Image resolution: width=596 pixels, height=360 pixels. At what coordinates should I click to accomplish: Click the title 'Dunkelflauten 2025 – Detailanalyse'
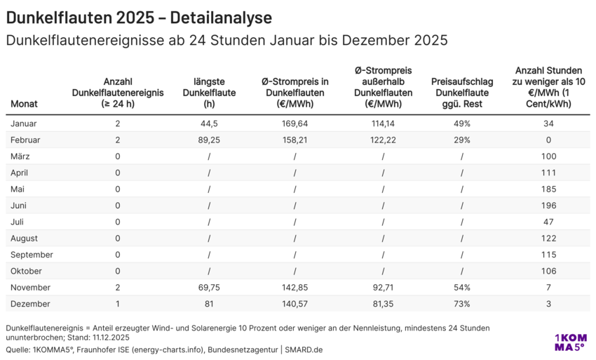coord(139,17)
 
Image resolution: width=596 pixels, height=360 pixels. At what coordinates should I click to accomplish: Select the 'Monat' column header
coord(25,104)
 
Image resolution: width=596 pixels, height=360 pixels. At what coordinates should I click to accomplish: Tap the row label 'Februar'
coord(26,140)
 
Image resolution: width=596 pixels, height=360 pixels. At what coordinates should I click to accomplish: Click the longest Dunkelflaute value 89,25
coord(209,140)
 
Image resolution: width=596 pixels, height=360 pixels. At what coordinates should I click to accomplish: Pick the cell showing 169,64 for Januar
coord(294,124)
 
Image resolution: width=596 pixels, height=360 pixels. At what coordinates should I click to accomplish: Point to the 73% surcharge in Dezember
coord(461,304)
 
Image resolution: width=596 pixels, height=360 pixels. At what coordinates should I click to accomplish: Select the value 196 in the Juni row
coord(548,206)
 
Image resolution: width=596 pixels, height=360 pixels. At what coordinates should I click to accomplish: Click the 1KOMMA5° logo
coord(569,342)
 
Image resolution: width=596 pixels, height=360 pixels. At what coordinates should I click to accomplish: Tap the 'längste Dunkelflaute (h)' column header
coord(209,93)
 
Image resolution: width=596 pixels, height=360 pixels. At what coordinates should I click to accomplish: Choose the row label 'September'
coord(32,255)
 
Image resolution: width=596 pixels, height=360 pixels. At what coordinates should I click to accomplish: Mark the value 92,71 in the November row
coord(383,287)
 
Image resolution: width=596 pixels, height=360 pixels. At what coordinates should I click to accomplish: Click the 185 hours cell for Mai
coord(548,189)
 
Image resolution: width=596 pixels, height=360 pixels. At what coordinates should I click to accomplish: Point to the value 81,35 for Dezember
coord(383,304)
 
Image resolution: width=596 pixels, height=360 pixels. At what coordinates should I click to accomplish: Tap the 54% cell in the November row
coord(461,287)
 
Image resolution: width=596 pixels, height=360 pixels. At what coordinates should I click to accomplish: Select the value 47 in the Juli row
coord(548,222)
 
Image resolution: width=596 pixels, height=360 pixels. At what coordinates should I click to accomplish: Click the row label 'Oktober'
coord(27,271)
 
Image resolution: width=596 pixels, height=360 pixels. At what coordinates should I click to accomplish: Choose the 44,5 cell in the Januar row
coord(209,124)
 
